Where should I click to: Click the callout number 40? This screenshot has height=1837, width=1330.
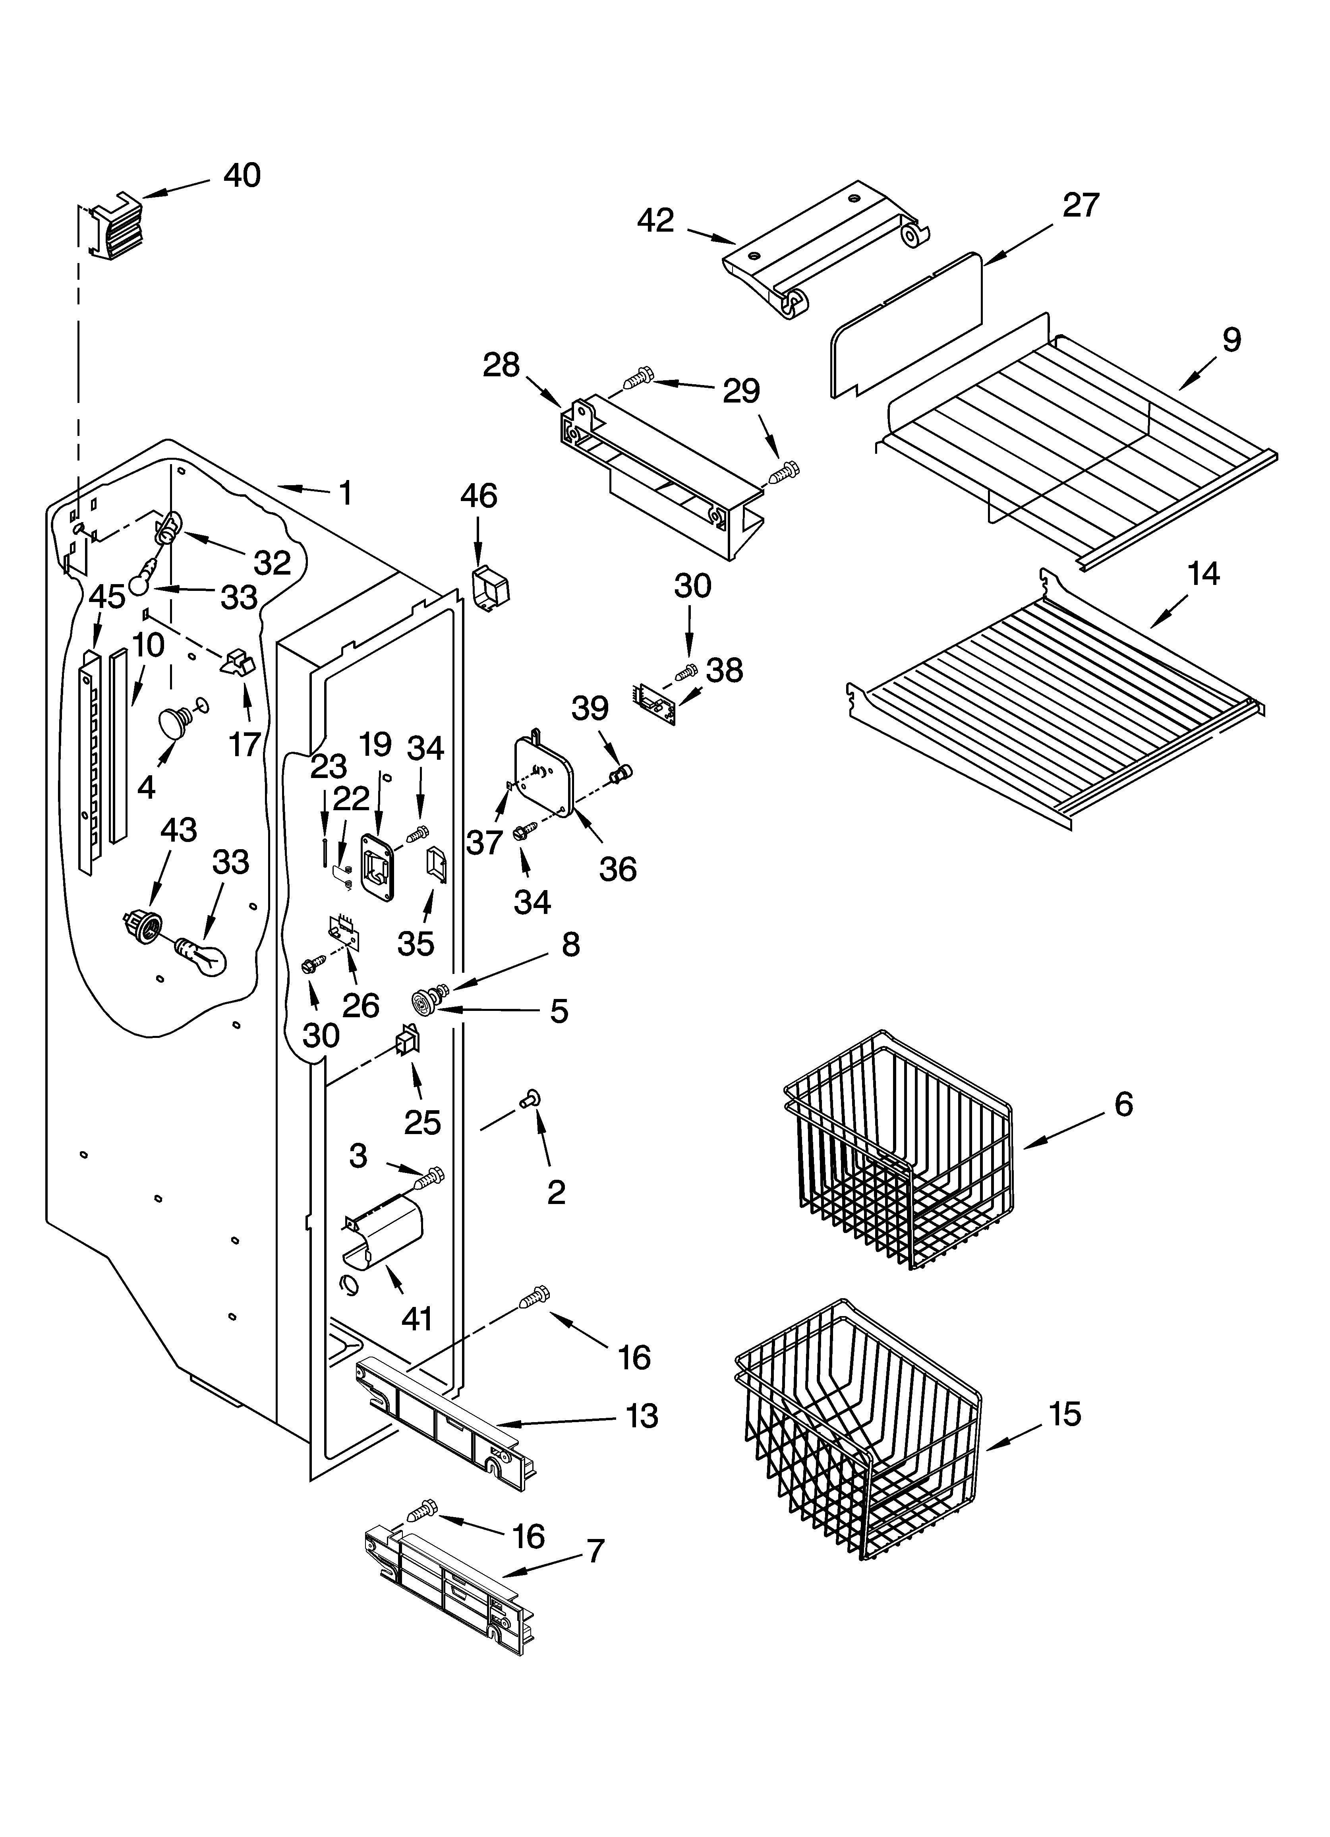[242, 176]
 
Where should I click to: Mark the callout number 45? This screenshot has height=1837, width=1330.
[107, 597]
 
